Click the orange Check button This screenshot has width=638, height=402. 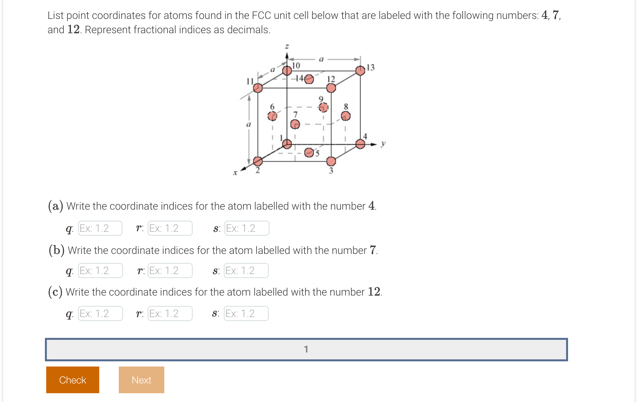pyautogui.click(x=73, y=380)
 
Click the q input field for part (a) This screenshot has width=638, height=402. pyautogui.click(x=100, y=228)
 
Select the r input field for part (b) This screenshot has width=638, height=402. pyautogui.click(x=170, y=270)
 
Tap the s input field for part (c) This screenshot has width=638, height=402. pyautogui.click(x=246, y=313)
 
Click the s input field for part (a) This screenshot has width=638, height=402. pyautogui.click(x=247, y=228)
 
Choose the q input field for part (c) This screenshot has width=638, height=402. pyautogui.click(x=100, y=313)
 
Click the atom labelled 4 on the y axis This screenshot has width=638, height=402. pyautogui.click(x=360, y=144)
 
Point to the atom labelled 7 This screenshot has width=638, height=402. pyautogui.click(x=295, y=124)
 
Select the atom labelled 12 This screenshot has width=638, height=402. pyautogui.click(x=331, y=88)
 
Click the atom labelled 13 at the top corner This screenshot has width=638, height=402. pyautogui.click(x=360, y=70)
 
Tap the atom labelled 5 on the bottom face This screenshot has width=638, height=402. pyautogui.click(x=309, y=152)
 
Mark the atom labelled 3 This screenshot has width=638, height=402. pyautogui.click(x=331, y=161)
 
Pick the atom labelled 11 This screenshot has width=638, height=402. pyautogui.click(x=258, y=88)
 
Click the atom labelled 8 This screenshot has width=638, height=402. pyautogui.click(x=346, y=116)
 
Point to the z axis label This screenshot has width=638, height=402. pyautogui.click(x=287, y=47)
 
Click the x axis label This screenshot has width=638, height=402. pyautogui.click(x=235, y=173)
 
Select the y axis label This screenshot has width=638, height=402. pyautogui.click(x=383, y=143)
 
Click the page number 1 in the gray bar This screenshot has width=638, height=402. pyautogui.click(x=306, y=349)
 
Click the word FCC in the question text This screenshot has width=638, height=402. pyautogui.click(x=261, y=15)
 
